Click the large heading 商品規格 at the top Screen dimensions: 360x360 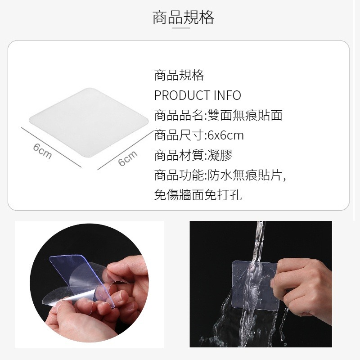pyautogui.click(x=183, y=17)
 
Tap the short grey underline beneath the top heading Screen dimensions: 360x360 pyautogui.click(x=181, y=28)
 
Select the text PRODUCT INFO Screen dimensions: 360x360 pyautogui.click(x=198, y=95)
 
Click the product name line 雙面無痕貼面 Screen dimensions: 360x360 pyautogui.click(x=245, y=115)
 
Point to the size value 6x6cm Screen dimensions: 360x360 pyautogui.click(x=225, y=135)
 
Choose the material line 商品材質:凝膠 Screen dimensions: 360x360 pyautogui.click(x=193, y=155)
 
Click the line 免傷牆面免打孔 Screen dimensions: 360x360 pyautogui.click(x=198, y=195)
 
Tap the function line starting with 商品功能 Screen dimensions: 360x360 pyautogui.click(x=220, y=175)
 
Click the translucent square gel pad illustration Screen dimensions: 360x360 pyautogui.click(x=89, y=122)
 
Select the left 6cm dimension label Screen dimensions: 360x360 pyautogui.click(x=42, y=151)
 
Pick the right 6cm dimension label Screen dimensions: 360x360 pyautogui.click(x=128, y=158)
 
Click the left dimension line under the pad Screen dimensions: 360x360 pyautogui.click(x=51, y=148)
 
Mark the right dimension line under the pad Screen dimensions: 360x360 pyautogui.click(x=126, y=150)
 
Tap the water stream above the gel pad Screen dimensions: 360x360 pyautogui.click(x=259, y=241)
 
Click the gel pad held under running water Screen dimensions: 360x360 pyautogui.click(x=255, y=285)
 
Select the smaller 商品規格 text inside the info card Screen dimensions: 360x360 pyautogui.click(x=179, y=75)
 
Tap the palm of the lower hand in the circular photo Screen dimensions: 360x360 pyautogui.click(x=69, y=321)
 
